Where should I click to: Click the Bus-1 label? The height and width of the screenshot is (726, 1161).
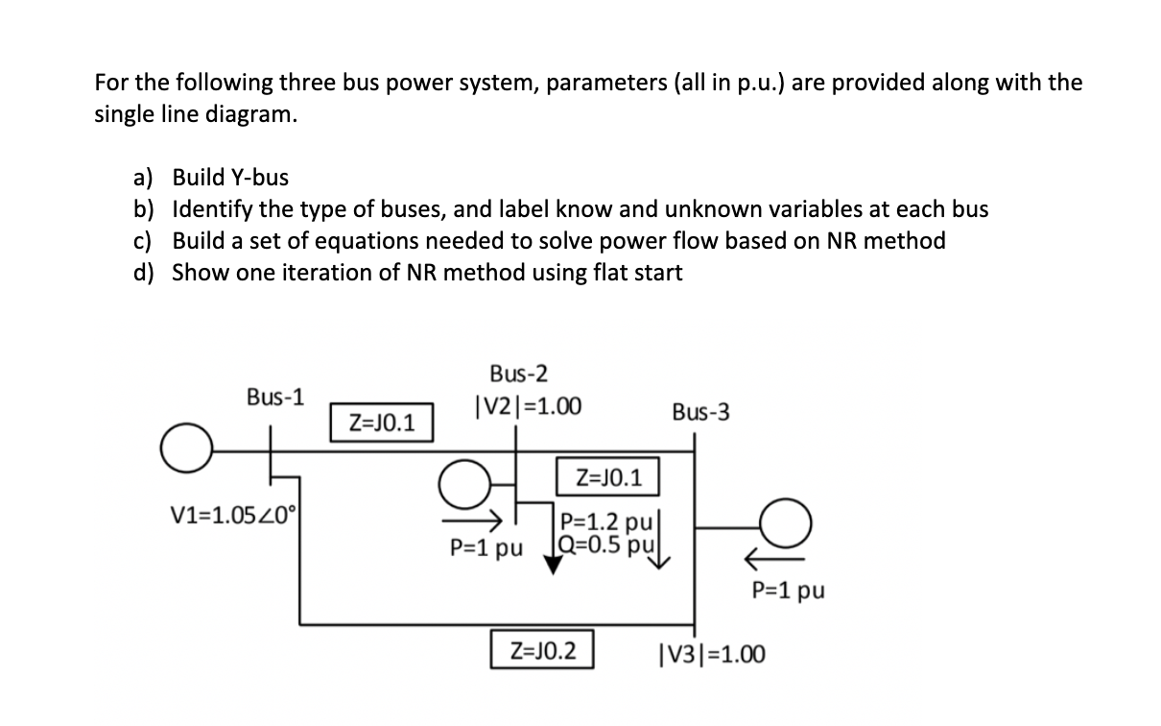point(275,396)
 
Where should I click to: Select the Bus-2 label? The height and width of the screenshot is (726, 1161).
point(519,373)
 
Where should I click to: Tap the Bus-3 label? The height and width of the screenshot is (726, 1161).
point(700,412)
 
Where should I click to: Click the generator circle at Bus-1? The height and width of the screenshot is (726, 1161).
point(183,451)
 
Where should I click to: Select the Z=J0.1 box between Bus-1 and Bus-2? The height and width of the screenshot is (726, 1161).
point(382,422)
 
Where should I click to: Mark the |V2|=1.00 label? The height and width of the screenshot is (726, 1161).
point(527,406)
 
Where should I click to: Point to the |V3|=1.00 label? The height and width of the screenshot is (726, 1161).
point(712,655)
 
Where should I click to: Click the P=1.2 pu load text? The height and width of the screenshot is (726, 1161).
point(606,522)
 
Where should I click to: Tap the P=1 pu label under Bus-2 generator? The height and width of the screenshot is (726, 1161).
point(486,549)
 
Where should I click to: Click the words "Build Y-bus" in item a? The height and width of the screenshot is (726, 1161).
point(230,177)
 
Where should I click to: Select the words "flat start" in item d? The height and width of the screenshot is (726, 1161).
point(636,273)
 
